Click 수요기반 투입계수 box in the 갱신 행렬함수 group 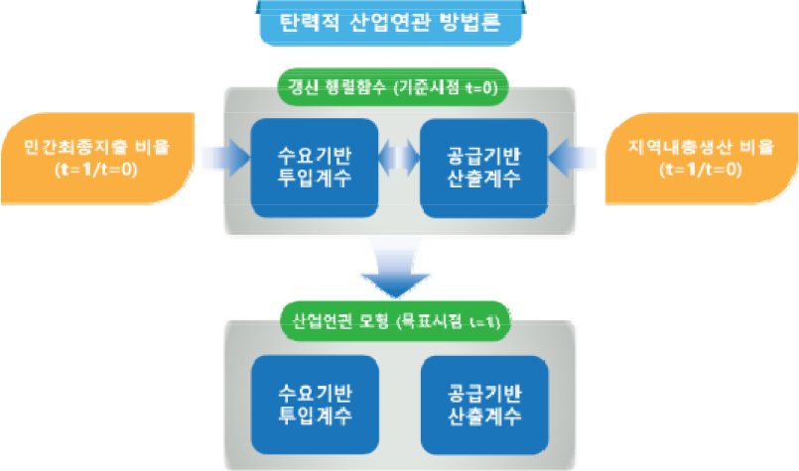[315, 167]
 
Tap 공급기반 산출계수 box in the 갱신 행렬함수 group [484, 167]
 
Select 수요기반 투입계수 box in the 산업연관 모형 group [315, 401]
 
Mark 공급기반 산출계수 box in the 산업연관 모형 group [484, 401]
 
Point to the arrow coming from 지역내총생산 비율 [573, 157]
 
